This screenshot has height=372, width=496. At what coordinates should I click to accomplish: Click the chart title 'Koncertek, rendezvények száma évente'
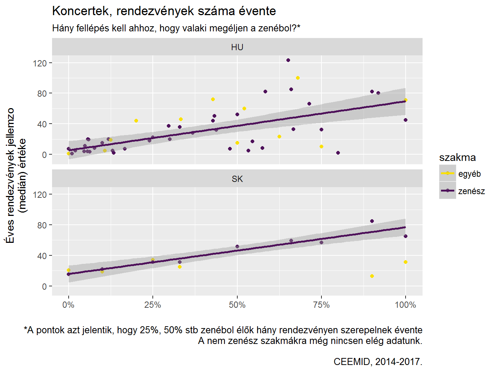164,11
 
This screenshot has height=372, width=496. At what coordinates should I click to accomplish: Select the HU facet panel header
237,47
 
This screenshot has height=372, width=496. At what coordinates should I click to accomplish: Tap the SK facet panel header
237,179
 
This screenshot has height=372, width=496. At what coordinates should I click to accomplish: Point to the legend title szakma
457,158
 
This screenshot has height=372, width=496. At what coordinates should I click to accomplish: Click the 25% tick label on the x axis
152,305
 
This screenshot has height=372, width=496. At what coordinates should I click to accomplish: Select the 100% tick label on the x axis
405,305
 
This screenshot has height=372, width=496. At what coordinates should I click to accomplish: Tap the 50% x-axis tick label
237,305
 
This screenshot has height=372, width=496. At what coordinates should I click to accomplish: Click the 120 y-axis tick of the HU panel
40,63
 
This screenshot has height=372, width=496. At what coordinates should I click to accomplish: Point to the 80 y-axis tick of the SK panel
42,225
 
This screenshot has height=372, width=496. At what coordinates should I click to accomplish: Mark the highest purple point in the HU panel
288,60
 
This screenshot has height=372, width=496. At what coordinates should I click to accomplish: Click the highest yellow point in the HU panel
298,78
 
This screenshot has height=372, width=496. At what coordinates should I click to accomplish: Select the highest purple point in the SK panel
372,221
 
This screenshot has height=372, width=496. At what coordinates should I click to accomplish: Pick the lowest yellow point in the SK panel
372,276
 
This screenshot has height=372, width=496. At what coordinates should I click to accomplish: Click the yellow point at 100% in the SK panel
406,262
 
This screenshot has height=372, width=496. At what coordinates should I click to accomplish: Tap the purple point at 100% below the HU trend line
406,120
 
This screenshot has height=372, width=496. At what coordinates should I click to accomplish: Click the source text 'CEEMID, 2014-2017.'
378,362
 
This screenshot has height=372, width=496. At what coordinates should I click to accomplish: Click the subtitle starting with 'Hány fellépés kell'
176,28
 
